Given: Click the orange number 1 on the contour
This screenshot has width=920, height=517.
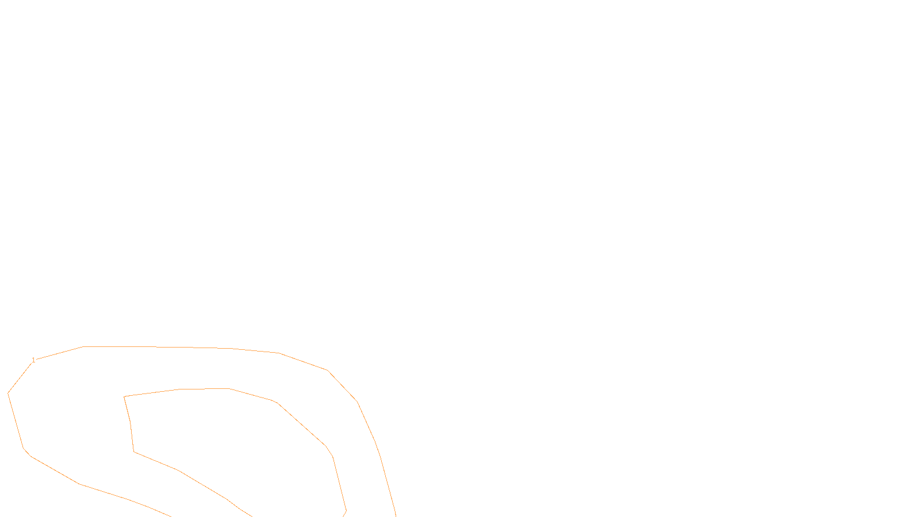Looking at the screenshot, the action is [x=33, y=360].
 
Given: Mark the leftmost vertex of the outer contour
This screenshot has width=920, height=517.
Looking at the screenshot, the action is [x=8, y=393].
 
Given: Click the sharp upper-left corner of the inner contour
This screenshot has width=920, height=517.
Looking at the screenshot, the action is [x=124, y=396].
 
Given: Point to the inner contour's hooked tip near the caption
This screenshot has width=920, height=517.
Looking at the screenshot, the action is [x=346, y=510].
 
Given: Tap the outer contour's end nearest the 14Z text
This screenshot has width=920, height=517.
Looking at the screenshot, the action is [x=396, y=515].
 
